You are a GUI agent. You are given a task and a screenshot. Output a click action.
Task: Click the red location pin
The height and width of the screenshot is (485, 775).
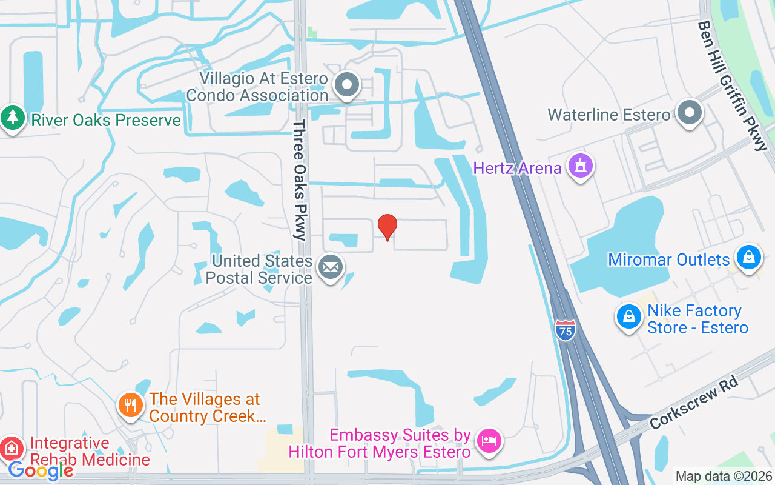pos(387,227)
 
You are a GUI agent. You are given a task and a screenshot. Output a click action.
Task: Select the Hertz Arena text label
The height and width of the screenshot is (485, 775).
pos(517,168)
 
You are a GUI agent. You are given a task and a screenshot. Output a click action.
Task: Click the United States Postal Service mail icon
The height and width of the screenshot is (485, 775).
pos(331,267)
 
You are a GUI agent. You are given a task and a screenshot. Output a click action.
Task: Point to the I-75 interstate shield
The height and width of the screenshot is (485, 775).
pos(565,331)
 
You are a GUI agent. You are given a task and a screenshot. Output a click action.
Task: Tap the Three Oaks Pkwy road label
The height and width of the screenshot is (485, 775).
pos(300,180)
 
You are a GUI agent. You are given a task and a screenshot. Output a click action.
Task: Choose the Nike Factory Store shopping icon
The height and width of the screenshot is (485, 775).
pos(629,316)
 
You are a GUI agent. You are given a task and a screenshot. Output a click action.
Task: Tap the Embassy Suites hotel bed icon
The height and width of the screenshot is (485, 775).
pos(489,440)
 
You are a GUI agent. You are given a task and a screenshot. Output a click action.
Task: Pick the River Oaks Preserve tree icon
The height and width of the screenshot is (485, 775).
pos(12,117)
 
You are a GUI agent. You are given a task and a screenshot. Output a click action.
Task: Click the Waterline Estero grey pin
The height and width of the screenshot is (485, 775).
pos(689,113)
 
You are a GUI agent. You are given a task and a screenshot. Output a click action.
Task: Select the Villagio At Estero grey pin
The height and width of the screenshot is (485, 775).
pos(348,85)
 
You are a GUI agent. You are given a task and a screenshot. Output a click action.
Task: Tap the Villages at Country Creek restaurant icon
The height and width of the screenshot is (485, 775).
pos(130,404)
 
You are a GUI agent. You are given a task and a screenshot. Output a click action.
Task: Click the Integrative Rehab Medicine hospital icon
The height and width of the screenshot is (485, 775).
pos(12,449)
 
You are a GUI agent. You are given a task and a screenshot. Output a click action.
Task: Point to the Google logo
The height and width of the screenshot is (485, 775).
pos(41,470)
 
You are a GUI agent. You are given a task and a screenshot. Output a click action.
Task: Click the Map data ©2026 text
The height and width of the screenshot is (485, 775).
pos(724,477)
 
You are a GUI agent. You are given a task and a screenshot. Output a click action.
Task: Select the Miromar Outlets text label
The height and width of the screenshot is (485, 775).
pos(668,259)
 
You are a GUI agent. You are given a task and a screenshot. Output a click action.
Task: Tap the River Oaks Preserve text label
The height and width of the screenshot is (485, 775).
pos(106,120)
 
